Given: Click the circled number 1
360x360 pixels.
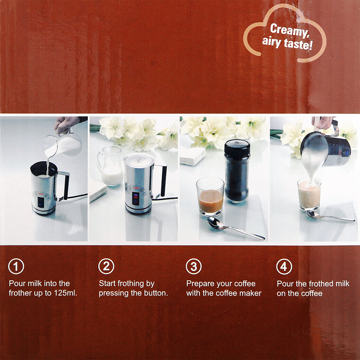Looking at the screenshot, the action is pos(16,266).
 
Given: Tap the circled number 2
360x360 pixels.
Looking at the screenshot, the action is pos(106,266).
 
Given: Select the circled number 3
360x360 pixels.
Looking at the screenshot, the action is pos(194,266).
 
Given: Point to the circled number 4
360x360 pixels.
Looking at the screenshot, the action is pos(284,266).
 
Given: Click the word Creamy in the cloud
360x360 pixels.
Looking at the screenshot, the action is pos(289,31).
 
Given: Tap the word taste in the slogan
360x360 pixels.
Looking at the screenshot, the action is pos(299,45).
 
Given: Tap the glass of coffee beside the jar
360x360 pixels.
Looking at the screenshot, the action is pos(210,197).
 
